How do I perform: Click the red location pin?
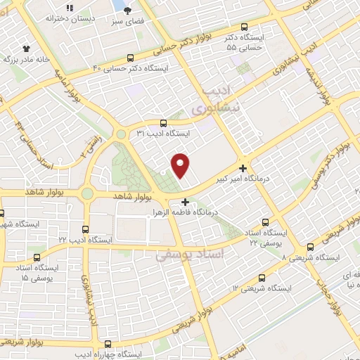click(x=181, y=166)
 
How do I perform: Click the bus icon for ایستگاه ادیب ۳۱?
click(x=163, y=123)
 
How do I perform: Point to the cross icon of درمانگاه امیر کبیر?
click(x=243, y=168)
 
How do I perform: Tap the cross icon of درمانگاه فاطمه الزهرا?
click(x=184, y=202)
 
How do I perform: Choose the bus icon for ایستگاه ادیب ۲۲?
click(x=86, y=229)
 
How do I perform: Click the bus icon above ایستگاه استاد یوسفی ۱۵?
click(x=37, y=258)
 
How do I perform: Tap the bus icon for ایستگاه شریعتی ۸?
click(x=310, y=247)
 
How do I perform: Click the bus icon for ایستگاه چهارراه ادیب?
click(x=108, y=344)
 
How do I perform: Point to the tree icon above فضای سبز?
click(x=127, y=10)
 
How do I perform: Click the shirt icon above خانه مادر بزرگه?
click(x=27, y=49)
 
